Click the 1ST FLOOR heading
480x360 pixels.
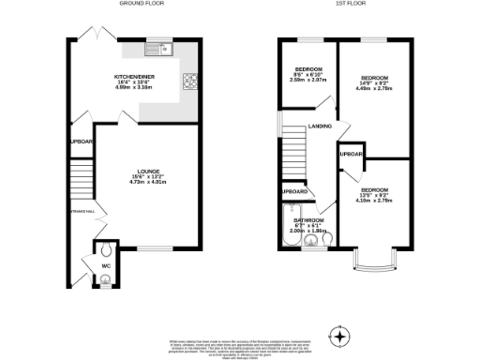[x=349, y=5]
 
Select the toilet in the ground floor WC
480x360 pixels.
[x=105, y=251]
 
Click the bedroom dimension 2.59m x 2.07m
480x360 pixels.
[x=306, y=80]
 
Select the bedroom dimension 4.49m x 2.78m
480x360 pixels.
[x=374, y=90]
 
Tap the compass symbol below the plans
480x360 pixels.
[x=338, y=335]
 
